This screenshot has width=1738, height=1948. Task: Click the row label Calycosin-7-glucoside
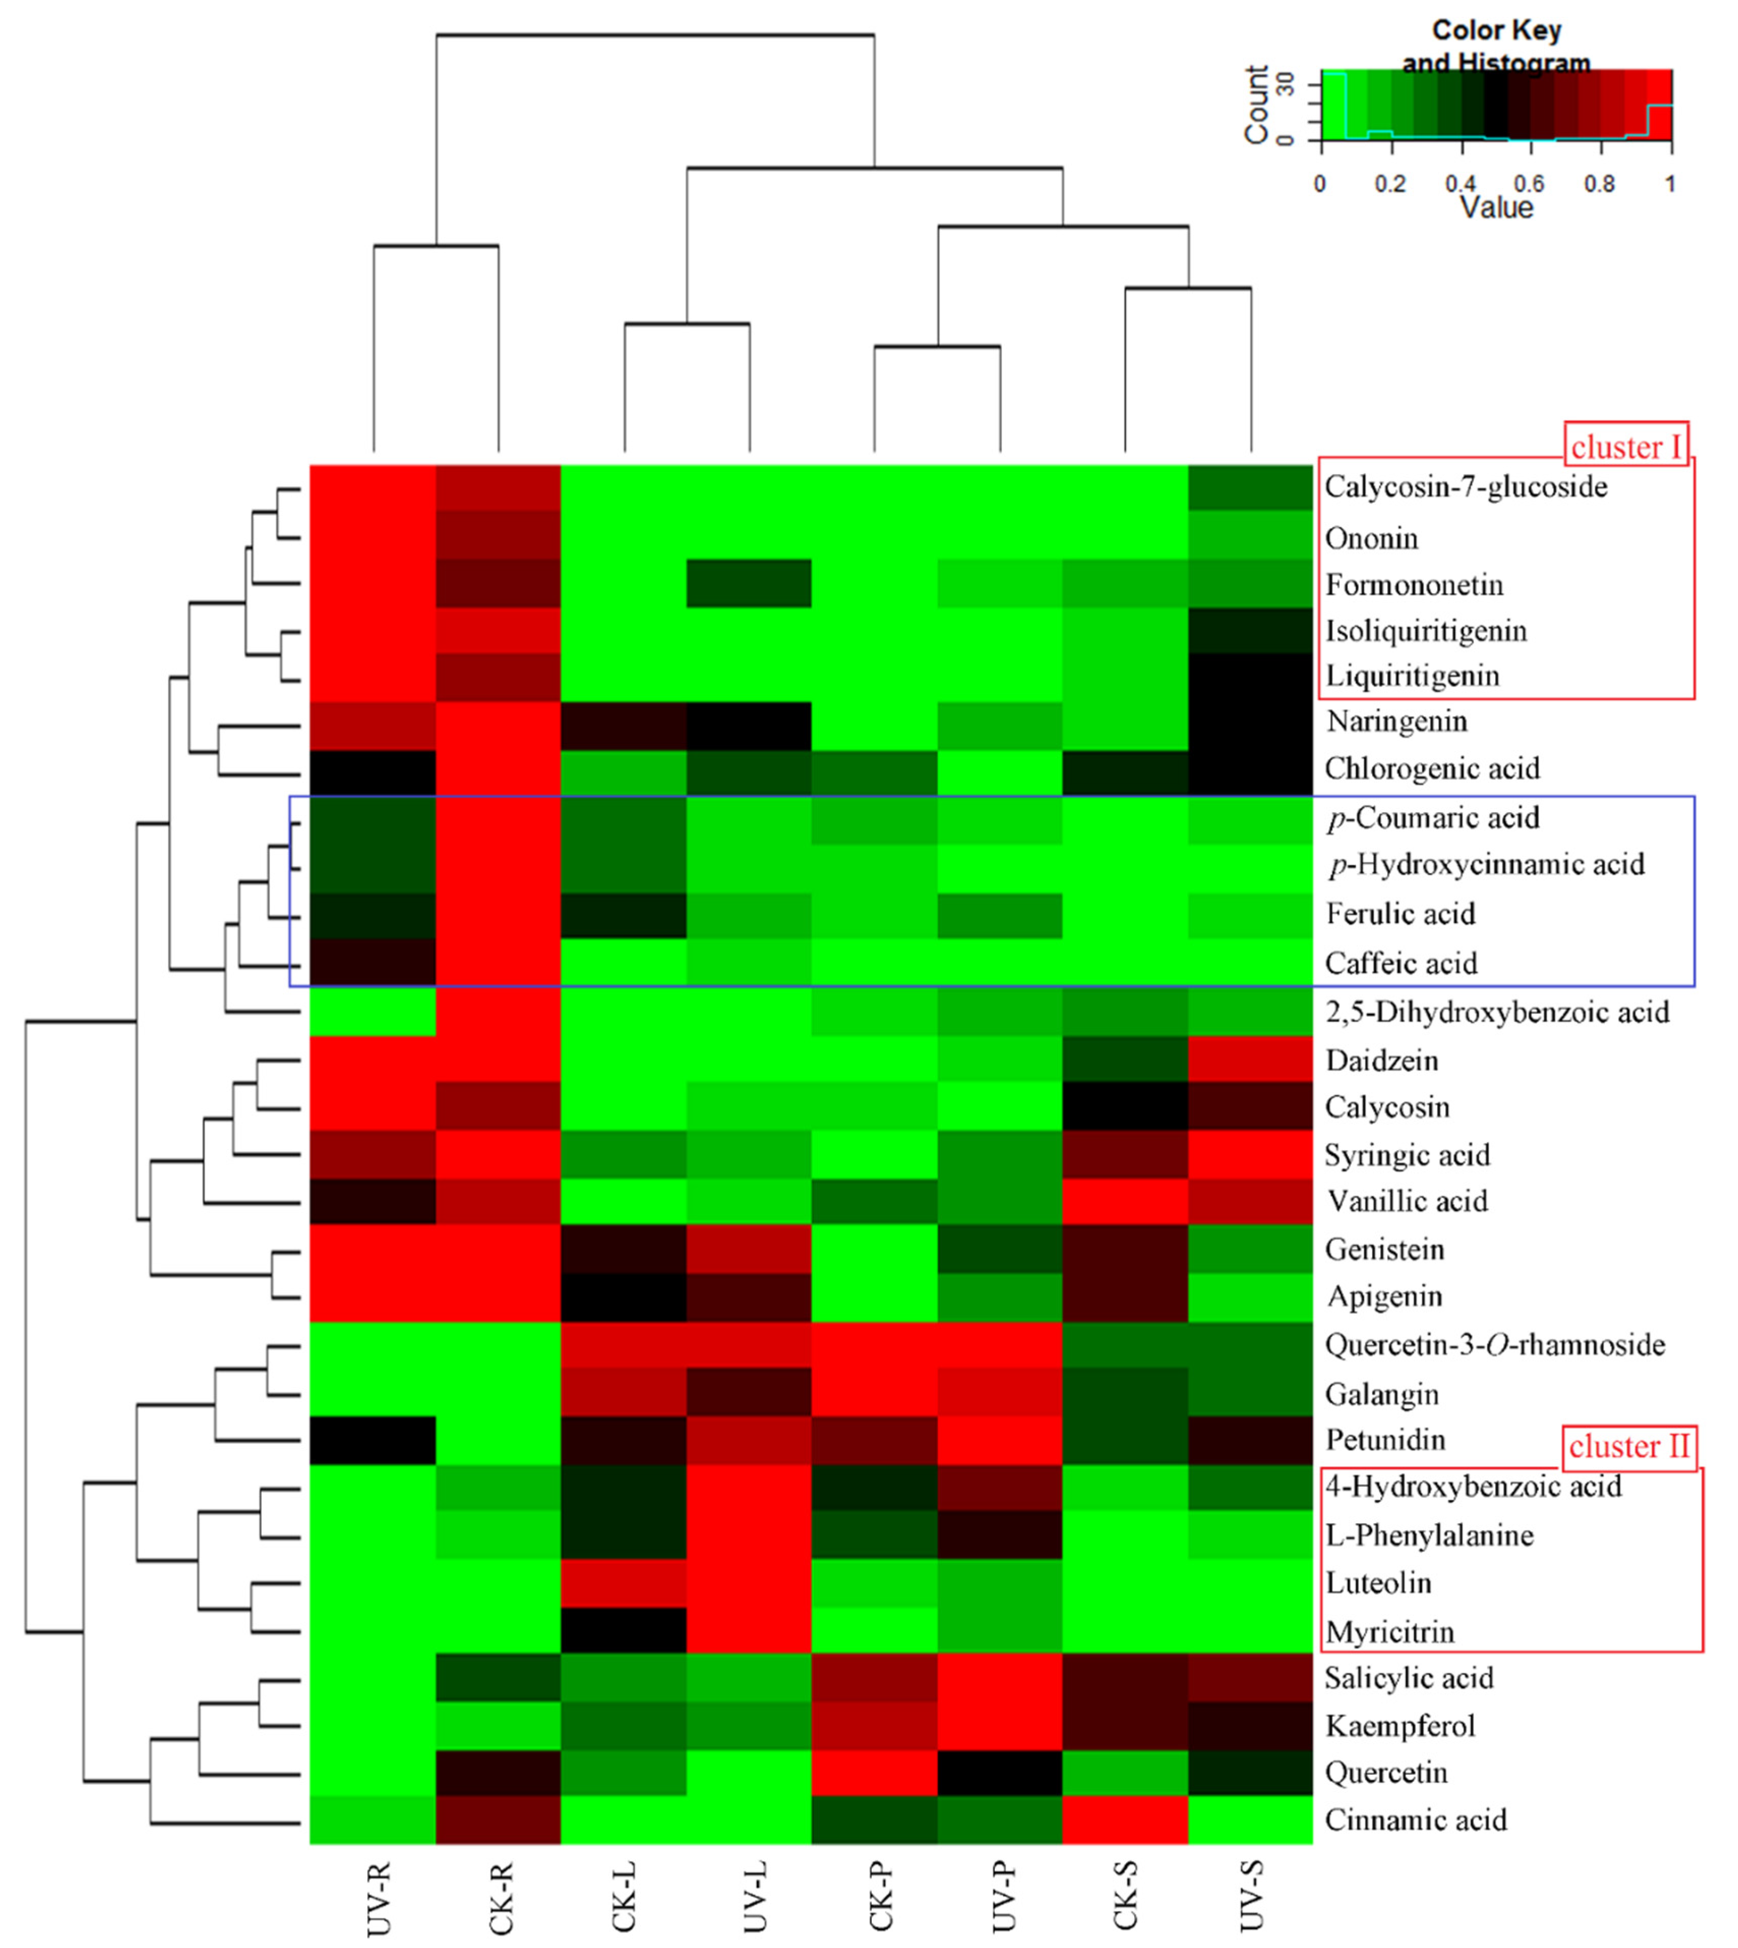click(x=1465, y=487)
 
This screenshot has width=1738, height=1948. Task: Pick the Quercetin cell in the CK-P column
click(x=874, y=1772)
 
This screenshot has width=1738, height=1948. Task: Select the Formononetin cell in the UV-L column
click(x=749, y=583)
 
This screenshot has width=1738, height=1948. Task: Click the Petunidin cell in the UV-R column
click(x=374, y=1440)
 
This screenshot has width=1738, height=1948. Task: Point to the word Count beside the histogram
click(x=1256, y=105)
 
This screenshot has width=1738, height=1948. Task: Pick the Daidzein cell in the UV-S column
click(x=1250, y=1059)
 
